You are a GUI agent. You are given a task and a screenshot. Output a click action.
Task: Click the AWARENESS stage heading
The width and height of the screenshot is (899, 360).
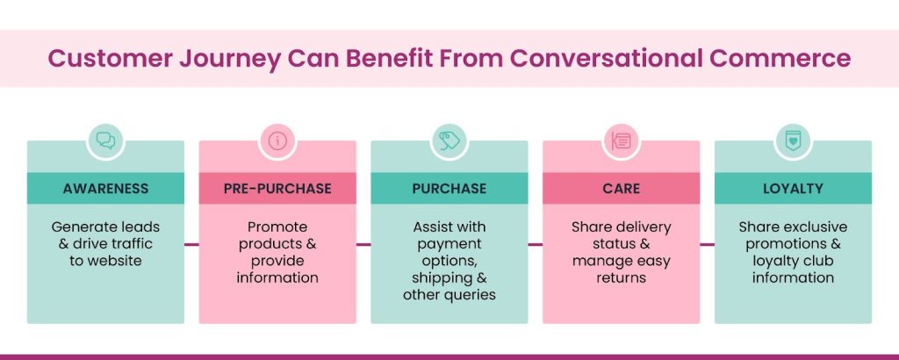pos(105,189)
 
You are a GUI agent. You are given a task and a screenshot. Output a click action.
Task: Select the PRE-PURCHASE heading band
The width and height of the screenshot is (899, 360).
pos(277,189)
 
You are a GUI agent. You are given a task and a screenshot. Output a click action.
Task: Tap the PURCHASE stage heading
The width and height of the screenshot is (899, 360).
pos(449,189)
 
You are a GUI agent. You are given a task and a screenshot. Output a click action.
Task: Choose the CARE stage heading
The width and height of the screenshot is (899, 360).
pos(621,189)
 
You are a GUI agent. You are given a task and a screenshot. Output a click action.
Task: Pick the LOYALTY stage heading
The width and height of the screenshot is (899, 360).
pos(793,189)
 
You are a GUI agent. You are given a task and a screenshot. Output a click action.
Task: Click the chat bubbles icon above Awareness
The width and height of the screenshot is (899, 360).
pos(105,140)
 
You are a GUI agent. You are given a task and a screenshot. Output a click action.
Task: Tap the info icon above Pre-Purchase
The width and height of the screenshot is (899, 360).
pos(277,140)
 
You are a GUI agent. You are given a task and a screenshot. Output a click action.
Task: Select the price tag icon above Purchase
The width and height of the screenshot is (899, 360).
pos(449,140)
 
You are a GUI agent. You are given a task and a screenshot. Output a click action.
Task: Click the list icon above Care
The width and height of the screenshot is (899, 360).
pos(621,140)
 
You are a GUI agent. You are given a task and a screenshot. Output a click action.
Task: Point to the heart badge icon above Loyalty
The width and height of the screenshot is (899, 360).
pos(793,140)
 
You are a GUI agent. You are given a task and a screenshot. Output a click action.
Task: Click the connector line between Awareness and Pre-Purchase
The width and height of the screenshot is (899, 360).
pos(191,244)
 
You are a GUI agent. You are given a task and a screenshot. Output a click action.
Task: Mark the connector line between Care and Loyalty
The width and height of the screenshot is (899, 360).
pos(707,244)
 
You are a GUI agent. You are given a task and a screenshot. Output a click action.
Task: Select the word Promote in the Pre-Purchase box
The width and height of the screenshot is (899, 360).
pos(277,227)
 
